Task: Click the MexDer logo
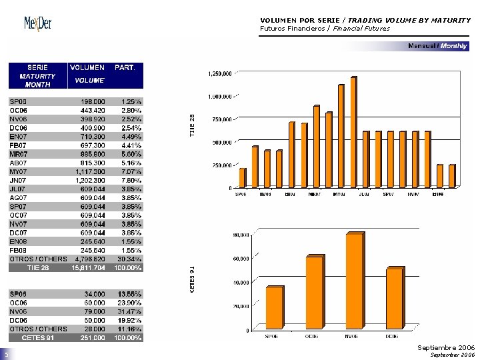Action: pyautogui.click(x=38, y=24)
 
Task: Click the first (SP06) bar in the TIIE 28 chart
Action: pyautogui.click(x=243, y=177)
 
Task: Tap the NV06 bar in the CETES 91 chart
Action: pyautogui.click(x=354, y=281)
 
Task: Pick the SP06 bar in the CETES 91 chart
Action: pyautogui.click(x=274, y=307)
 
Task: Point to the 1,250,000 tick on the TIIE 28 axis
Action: pyautogui.click(x=220, y=73)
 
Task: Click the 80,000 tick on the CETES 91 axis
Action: pyautogui.click(x=241, y=235)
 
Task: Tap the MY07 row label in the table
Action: pyautogui.click(x=18, y=171)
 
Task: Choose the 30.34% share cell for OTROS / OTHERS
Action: pyautogui.click(x=128, y=259)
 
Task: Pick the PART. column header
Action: pyautogui.click(x=125, y=67)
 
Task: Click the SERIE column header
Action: pyautogui.click(x=37, y=67)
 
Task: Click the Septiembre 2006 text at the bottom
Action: pyautogui.click(x=446, y=348)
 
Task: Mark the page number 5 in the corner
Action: pyautogui.click(x=5, y=355)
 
